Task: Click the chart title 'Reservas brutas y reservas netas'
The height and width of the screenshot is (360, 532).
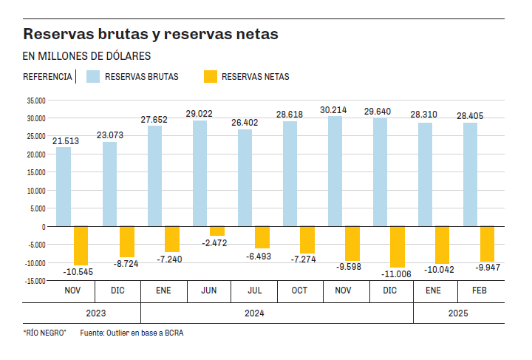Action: pyautogui.click(x=151, y=35)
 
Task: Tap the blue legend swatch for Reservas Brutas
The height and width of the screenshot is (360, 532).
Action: pyautogui.click(x=92, y=76)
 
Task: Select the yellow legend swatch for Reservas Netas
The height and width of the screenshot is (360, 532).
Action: pyautogui.click(x=210, y=76)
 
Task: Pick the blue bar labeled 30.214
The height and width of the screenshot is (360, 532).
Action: pyautogui.click(x=335, y=171)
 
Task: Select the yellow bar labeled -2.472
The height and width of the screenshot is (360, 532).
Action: pyautogui.click(x=216, y=231)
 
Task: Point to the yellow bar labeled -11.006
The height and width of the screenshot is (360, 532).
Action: pyautogui.click(x=398, y=246)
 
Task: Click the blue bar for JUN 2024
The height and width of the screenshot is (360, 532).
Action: pyautogui.click(x=200, y=173)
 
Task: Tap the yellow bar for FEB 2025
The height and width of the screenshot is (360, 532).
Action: pyautogui.click(x=487, y=244)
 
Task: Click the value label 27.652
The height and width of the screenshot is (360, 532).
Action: pyautogui.click(x=154, y=119)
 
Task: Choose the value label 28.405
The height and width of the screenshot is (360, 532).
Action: pyautogui.click(x=471, y=116)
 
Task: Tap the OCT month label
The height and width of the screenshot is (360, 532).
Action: pyautogui.click(x=299, y=291)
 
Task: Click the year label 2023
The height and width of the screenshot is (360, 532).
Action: pyautogui.click(x=96, y=313)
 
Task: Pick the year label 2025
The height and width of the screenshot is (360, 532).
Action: pyautogui.click(x=458, y=313)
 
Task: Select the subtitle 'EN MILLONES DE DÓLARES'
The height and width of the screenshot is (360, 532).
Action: pyautogui.click(x=87, y=56)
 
